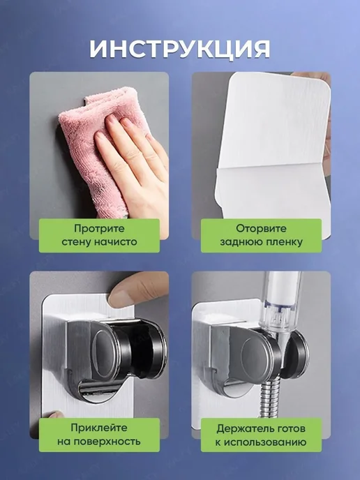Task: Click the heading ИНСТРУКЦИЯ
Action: [x=180, y=49]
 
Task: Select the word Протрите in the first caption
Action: [x=99, y=229]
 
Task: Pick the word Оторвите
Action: [x=261, y=229]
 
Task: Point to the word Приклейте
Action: [x=99, y=428]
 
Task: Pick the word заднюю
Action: [x=240, y=242]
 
